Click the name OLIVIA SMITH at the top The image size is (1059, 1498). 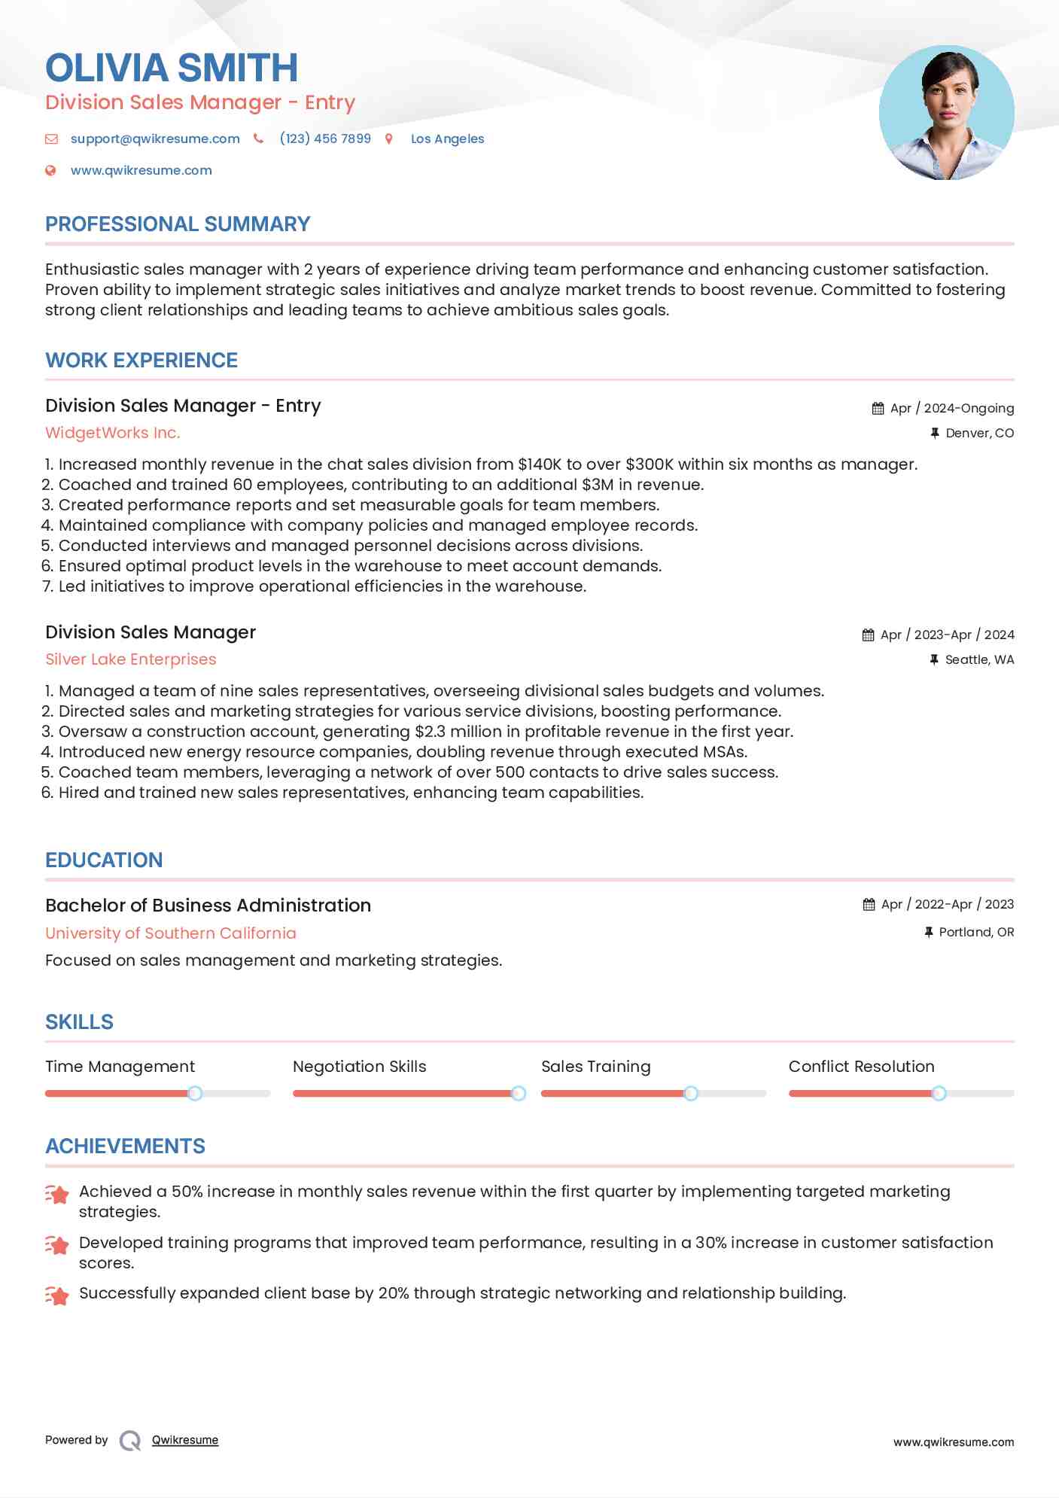click(x=172, y=68)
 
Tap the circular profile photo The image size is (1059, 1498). click(x=946, y=113)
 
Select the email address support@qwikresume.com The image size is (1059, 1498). click(x=155, y=139)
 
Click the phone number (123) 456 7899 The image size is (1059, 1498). click(x=325, y=139)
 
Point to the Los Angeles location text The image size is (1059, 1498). click(x=447, y=139)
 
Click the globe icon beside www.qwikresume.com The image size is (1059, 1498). click(x=50, y=170)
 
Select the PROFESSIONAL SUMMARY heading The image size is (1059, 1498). click(x=178, y=224)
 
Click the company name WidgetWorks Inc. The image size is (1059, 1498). click(x=113, y=433)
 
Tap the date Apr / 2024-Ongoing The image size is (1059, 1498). click(x=951, y=408)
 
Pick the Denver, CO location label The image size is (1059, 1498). click(x=979, y=433)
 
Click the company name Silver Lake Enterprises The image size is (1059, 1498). click(x=131, y=659)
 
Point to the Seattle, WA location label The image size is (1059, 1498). click(x=979, y=659)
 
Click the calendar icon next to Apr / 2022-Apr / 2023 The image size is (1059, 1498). click(x=869, y=904)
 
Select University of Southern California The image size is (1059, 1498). click(x=171, y=933)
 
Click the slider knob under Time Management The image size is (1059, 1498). click(x=195, y=1093)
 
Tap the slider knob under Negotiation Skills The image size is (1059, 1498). click(x=518, y=1093)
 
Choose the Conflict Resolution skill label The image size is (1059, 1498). click(x=861, y=1066)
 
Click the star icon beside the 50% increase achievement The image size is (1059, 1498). click(x=57, y=1194)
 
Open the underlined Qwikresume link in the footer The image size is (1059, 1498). click(x=185, y=1440)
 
